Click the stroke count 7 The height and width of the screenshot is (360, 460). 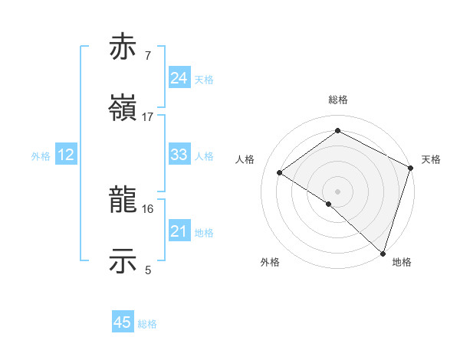pos(148,56)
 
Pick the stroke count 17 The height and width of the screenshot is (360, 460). pos(148,116)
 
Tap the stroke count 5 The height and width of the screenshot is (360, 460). pos(148,270)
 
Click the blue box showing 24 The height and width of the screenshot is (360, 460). pos(179,78)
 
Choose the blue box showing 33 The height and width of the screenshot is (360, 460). pos(179,155)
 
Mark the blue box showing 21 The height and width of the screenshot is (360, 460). pos(179,231)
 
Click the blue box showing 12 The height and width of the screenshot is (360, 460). pos(66,155)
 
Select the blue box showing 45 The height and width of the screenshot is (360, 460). pos(123,322)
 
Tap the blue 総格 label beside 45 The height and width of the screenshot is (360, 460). pos(147,324)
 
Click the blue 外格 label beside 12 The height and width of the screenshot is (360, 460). pos(41,156)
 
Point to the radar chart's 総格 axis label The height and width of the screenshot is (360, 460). pos(338,100)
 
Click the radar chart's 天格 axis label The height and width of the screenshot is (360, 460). pos(431,159)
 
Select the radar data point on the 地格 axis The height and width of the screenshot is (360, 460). pos(383,253)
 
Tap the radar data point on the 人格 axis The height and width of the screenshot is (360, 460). pos(280,172)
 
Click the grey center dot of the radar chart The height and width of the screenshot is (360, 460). pos(338,191)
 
